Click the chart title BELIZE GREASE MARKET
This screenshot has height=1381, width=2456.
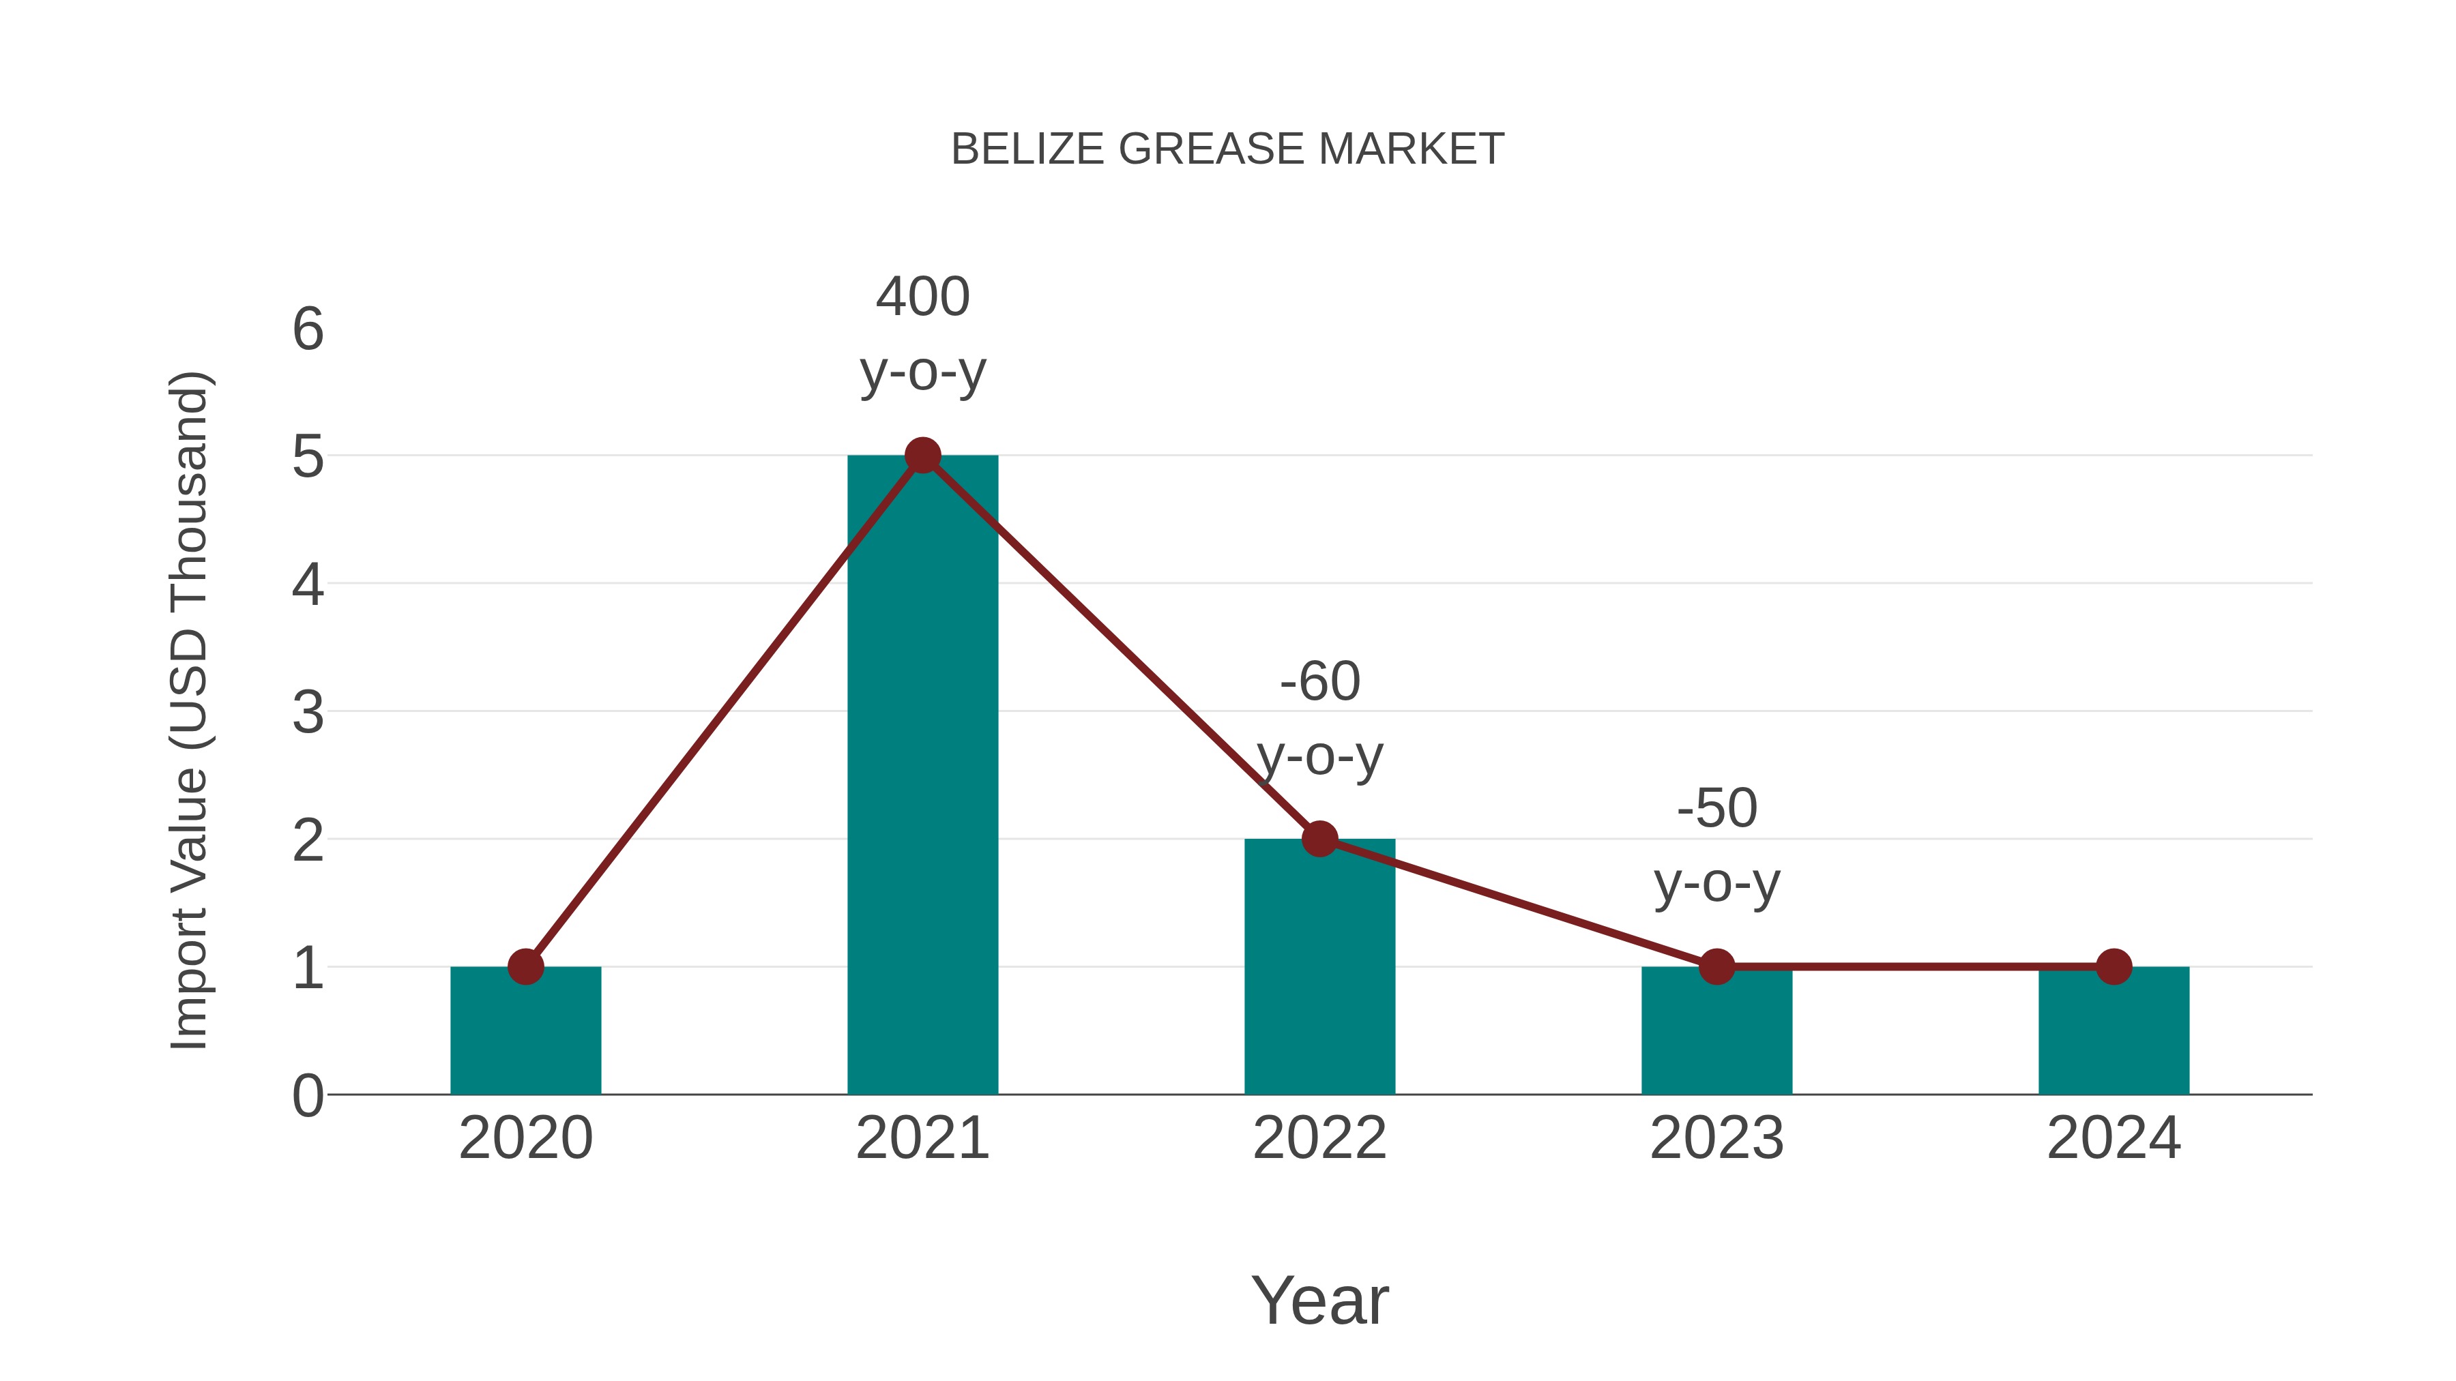[1227, 149]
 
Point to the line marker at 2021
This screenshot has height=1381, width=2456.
[922, 456]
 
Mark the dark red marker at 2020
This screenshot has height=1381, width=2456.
[525, 966]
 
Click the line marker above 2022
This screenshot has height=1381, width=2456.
[1319, 839]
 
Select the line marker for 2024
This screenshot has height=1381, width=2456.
[2114, 966]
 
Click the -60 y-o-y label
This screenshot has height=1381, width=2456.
[1319, 719]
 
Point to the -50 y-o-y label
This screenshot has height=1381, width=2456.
[1716, 846]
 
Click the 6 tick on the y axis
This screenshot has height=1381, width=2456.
[308, 330]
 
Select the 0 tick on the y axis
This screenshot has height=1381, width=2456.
[308, 1096]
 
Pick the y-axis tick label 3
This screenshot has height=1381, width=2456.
[308, 713]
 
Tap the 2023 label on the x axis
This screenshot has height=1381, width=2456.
[1716, 1138]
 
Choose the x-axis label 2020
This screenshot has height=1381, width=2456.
[525, 1138]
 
